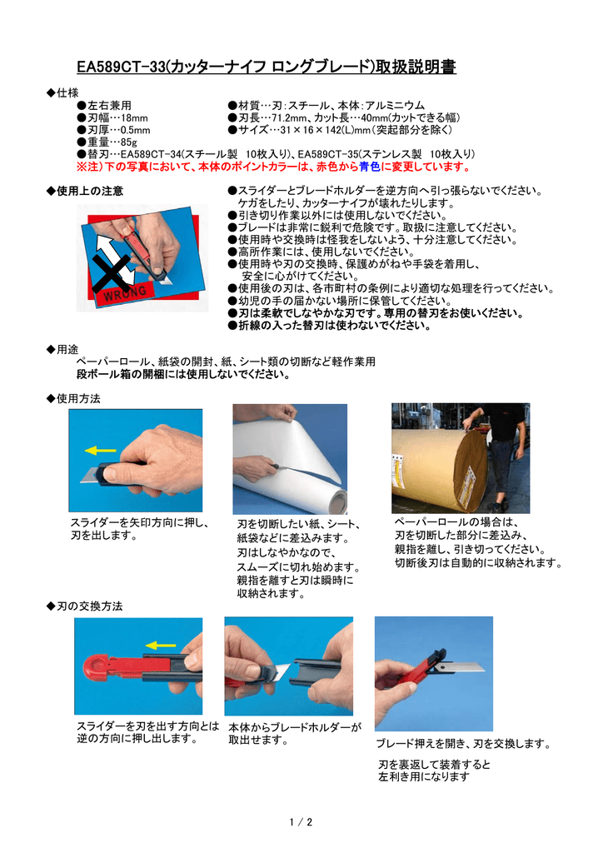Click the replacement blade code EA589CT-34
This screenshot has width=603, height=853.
[x=151, y=154]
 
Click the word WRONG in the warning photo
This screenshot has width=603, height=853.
[x=124, y=293]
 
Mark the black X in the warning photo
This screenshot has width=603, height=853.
[x=112, y=272]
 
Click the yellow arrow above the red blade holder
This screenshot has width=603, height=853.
[x=160, y=644]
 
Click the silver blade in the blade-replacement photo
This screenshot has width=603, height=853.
[x=462, y=668]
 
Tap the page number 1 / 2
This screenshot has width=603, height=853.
[x=301, y=822]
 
